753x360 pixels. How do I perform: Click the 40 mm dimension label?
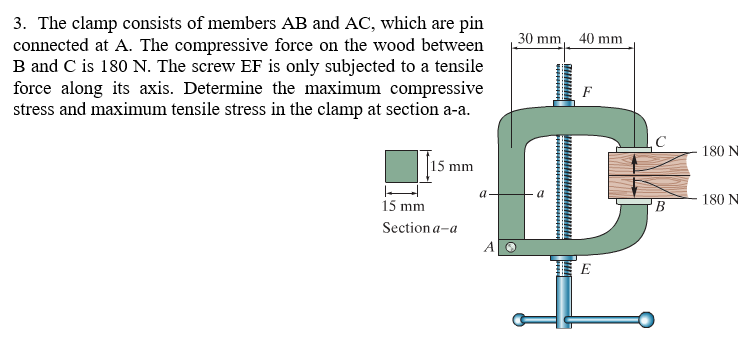click(x=600, y=38)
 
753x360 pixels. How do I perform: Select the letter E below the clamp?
click(x=585, y=270)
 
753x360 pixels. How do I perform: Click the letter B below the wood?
click(x=659, y=208)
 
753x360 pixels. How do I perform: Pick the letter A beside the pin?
click(x=489, y=246)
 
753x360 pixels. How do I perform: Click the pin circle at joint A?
click(x=510, y=246)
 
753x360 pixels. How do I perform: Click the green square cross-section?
click(x=401, y=165)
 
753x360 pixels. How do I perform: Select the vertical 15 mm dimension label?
click(x=452, y=165)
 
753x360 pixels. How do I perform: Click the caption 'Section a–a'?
click(x=420, y=227)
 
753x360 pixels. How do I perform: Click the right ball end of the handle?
click(x=647, y=321)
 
